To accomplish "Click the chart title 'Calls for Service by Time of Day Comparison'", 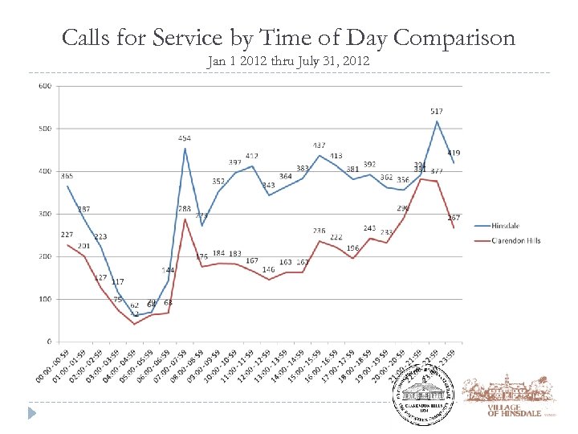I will click(288, 38).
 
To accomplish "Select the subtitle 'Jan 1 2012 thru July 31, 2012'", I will click(288, 61).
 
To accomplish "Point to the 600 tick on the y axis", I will click(46, 86).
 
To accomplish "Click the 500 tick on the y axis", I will click(46, 129).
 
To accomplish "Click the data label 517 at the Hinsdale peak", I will click(437, 111).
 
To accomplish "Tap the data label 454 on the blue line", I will click(185, 138).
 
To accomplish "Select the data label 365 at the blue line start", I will click(67, 176).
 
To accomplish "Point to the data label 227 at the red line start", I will click(67, 235).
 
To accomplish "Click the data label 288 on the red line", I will click(184, 209).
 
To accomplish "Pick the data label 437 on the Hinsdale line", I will click(320, 145).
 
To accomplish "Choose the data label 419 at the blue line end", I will click(454, 153).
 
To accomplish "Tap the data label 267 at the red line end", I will click(454, 218).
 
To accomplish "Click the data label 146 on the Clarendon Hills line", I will click(268, 269).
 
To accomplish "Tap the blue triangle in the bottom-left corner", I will click(32, 413).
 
